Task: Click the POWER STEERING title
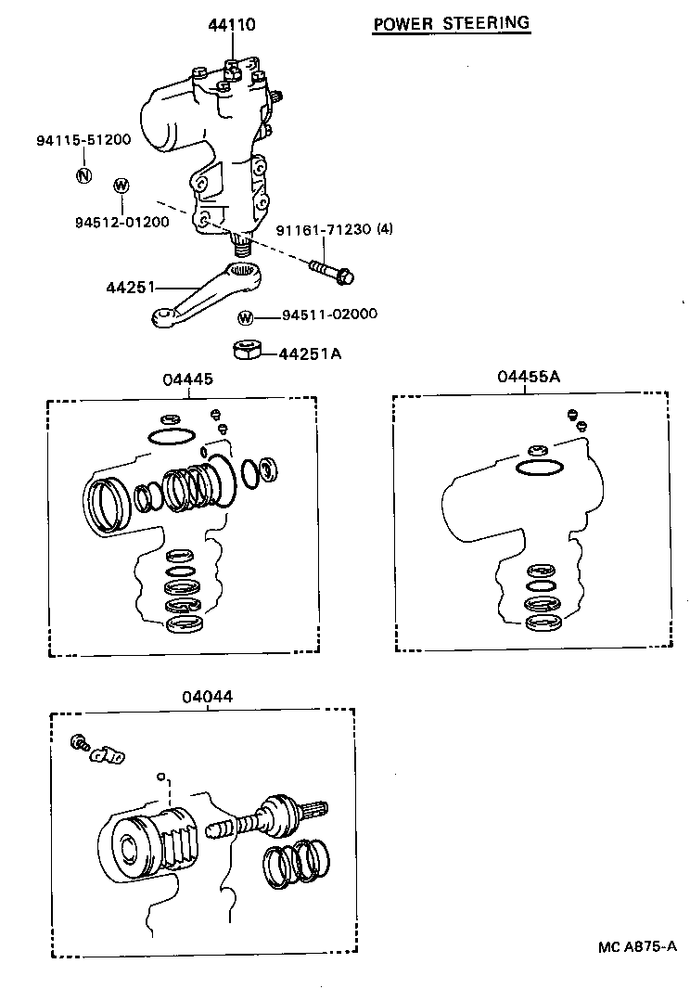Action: tap(452, 23)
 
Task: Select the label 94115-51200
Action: tap(83, 140)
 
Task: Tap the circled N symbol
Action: tap(83, 175)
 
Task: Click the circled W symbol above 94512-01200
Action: tap(121, 186)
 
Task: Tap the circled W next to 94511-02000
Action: tap(245, 317)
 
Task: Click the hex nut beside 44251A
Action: tap(246, 350)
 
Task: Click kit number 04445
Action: tap(188, 379)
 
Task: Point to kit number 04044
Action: tap(207, 696)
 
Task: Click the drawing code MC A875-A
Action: tap(636, 946)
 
